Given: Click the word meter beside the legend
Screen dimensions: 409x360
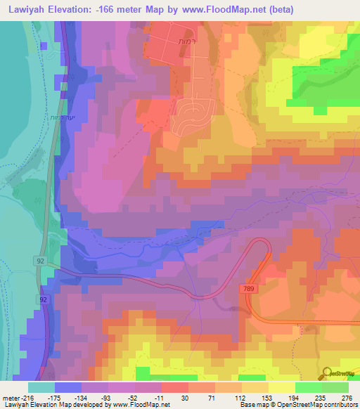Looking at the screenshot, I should (x=10, y=397).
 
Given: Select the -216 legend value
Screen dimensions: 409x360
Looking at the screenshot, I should (x=26, y=397).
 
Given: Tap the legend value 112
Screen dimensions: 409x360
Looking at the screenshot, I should (x=241, y=397).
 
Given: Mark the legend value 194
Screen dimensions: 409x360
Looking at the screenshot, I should (x=295, y=397).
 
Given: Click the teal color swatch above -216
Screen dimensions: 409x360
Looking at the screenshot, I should (x=41, y=387).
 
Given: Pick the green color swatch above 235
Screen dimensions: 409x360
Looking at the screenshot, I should (x=308, y=387).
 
